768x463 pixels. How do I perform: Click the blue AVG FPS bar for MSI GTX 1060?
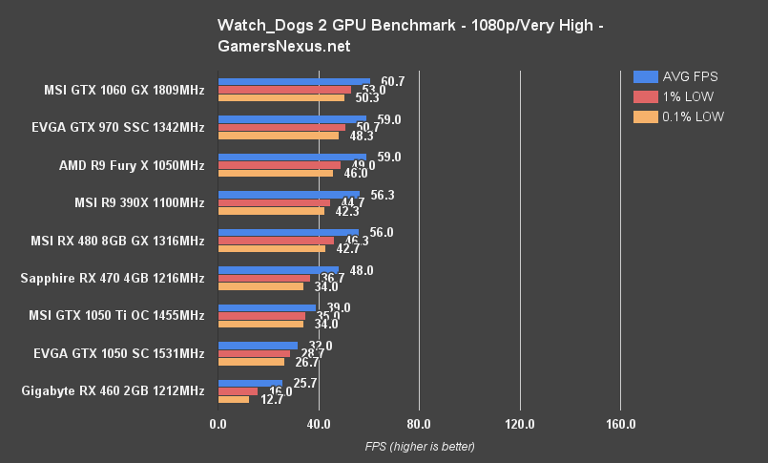294,82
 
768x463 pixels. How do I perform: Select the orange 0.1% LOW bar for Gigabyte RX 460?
234,399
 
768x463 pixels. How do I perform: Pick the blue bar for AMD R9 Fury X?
292,158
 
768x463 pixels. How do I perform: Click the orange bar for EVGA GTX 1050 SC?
251,362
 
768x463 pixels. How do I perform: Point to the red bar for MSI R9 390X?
274,202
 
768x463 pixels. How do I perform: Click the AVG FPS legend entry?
676,76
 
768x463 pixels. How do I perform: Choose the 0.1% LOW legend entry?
678,116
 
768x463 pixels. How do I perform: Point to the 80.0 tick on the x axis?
419,424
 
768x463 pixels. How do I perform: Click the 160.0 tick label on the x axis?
620,424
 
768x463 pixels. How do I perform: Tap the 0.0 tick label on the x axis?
218,424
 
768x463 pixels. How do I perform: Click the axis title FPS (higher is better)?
419,446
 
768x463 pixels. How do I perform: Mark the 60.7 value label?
392,82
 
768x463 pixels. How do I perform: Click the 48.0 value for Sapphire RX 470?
362,270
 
